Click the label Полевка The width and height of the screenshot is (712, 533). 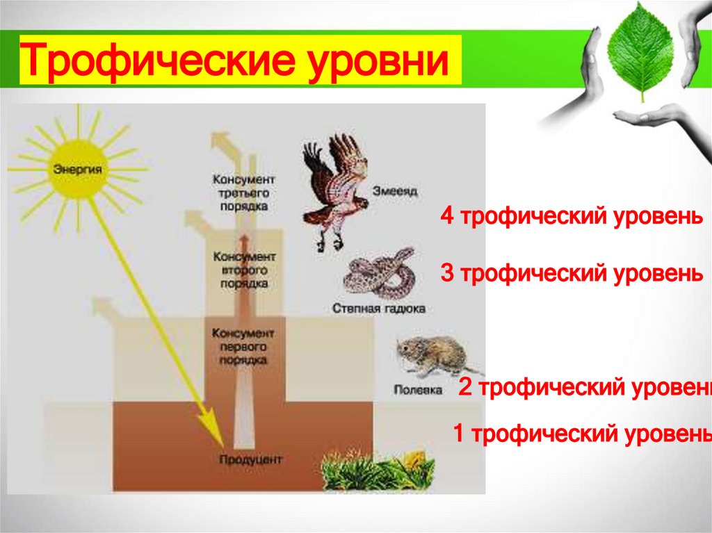pyautogui.click(x=418, y=390)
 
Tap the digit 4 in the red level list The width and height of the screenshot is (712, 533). pyautogui.click(x=446, y=217)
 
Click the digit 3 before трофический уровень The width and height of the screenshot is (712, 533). pyautogui.click(x=447, y=274)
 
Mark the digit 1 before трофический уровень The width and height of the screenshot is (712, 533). pyautogui.click(x=460, y=434)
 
